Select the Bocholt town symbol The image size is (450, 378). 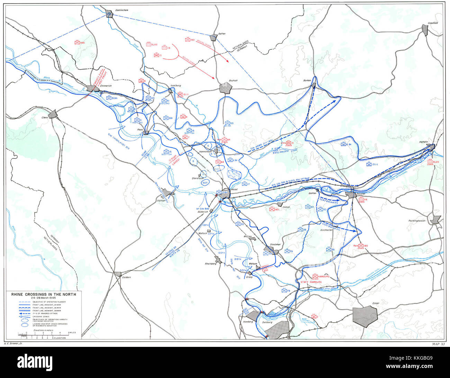coord(225,88)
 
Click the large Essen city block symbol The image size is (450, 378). coord(365,316)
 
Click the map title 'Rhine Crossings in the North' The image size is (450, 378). coord(43,294)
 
